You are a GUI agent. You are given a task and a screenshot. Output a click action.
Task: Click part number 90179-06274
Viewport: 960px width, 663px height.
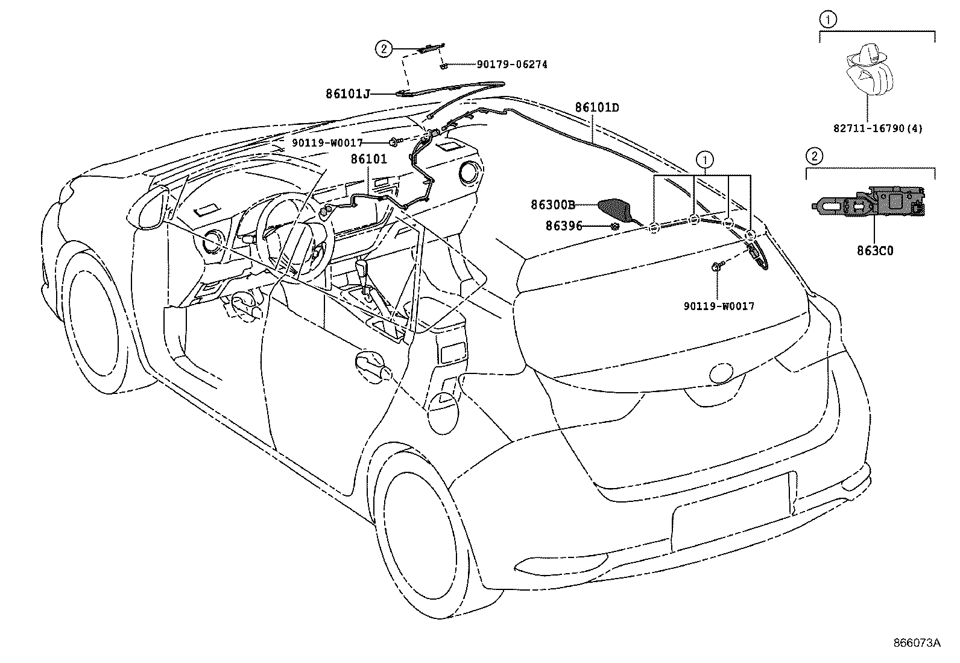[512, 65]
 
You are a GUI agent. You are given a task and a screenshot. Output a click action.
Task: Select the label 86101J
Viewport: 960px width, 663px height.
[347, 94]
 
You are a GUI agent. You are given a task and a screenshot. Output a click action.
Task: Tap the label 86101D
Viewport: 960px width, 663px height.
[596, 108]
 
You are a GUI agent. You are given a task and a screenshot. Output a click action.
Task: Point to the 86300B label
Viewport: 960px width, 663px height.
[553, 205]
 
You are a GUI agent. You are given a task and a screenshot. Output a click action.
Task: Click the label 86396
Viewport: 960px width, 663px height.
[564, 226]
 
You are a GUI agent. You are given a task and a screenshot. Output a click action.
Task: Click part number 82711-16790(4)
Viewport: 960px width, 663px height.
[877, 128]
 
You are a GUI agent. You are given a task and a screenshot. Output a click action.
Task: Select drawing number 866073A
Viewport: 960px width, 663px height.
[917, 643]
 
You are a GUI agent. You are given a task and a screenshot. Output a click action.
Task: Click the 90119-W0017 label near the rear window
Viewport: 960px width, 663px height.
[719, 306]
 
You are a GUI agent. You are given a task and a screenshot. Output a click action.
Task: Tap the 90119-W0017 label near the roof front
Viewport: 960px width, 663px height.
[327, 143]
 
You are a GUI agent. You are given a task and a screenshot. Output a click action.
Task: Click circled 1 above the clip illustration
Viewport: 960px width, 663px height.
[828, 20]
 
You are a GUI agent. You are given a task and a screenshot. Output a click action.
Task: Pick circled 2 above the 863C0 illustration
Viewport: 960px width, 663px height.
[814, 156]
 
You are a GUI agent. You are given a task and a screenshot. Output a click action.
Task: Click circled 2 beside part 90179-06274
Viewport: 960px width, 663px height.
[384, 48]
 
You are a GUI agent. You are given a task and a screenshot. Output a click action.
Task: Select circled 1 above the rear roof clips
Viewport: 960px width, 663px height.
[703, 160]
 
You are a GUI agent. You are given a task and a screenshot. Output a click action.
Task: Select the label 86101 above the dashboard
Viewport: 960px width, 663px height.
[368, 159]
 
